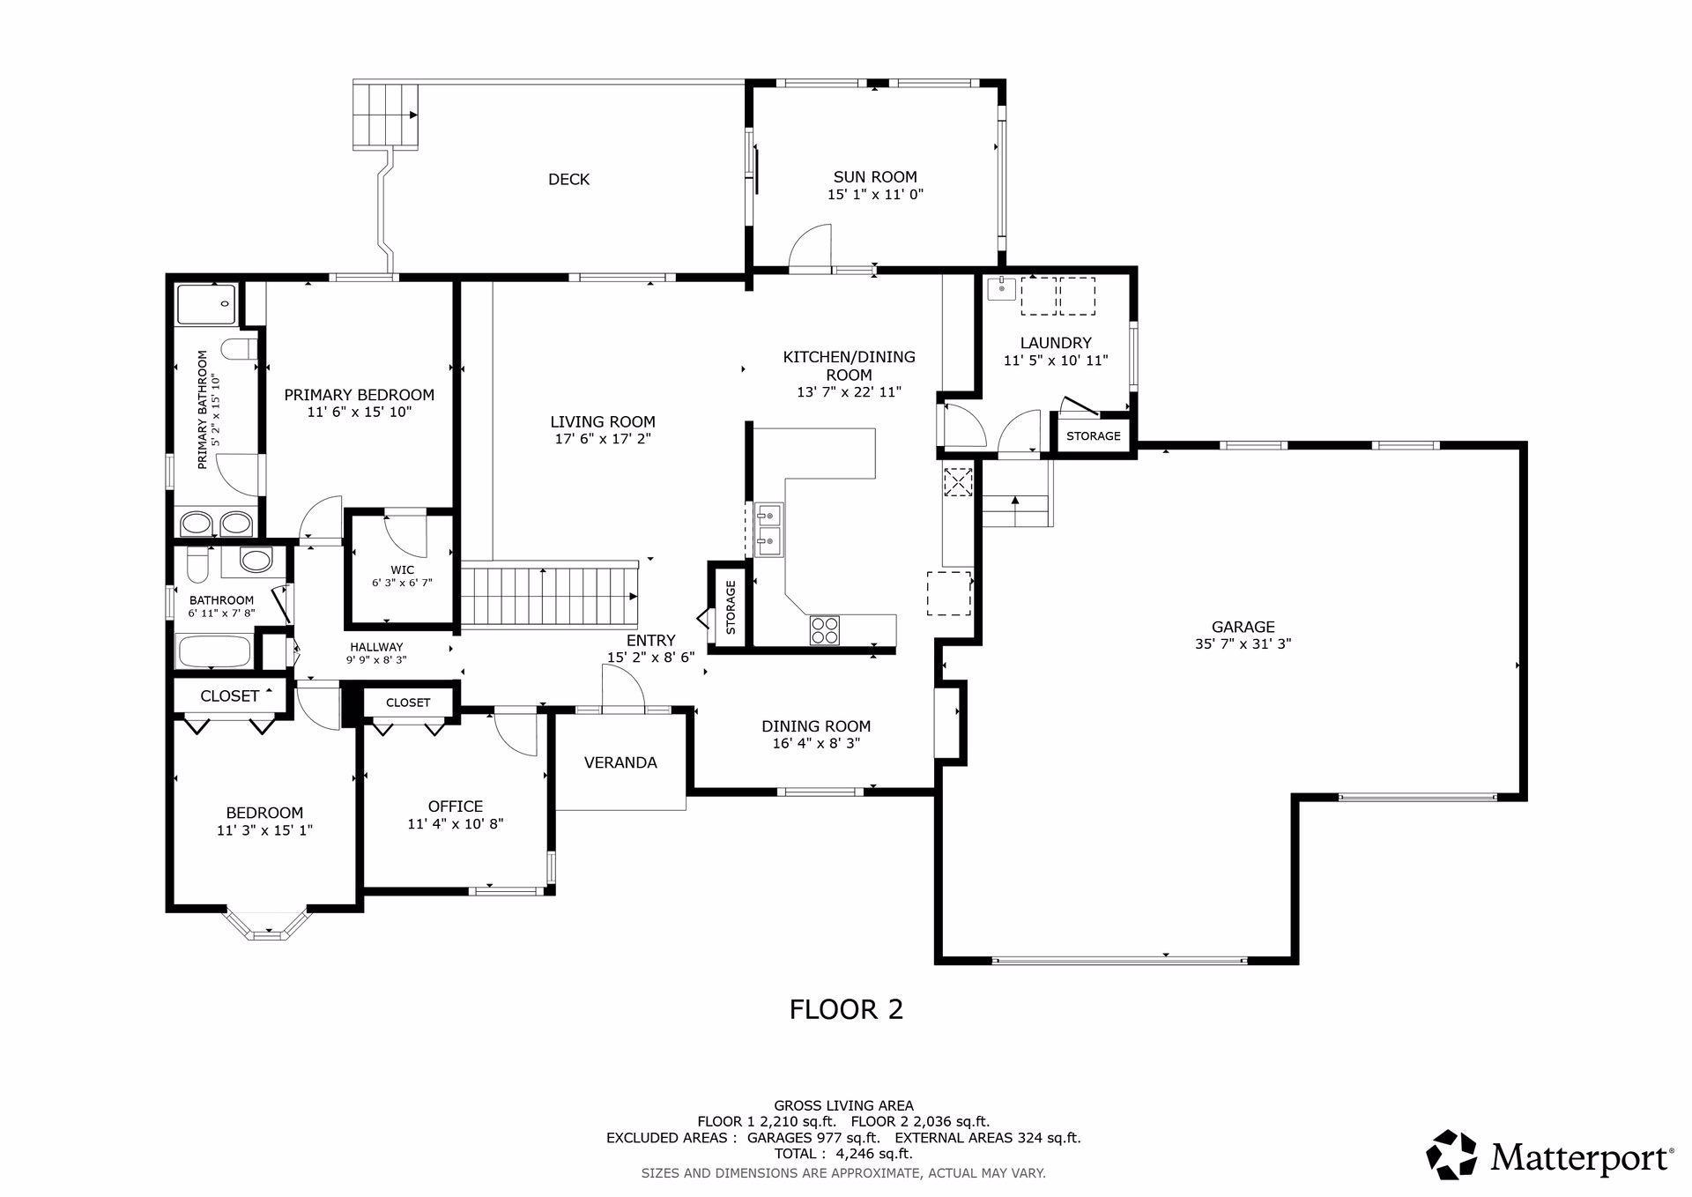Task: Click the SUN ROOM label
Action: [x=875, y=177]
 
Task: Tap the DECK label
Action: [x=568, y=180]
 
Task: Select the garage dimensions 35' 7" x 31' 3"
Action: [x=1243, y=644]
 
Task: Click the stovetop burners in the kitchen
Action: [x=825, y=629]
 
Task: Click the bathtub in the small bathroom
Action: [x=214, y=653]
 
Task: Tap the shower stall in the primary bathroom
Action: [x=206, y=303]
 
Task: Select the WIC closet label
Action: [x=403, y=569]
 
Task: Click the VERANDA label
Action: [x=620, y=762]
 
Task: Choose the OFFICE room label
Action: [x=455, y=806]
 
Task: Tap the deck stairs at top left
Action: [x=385, y=115]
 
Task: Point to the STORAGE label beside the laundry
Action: [x=1094, y=436]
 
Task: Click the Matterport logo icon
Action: [x=1451, y=1154]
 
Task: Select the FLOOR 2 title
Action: [x=846, y=1009]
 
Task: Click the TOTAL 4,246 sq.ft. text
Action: [x=843, y=1153]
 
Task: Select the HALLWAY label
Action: [x=376, y=646]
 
